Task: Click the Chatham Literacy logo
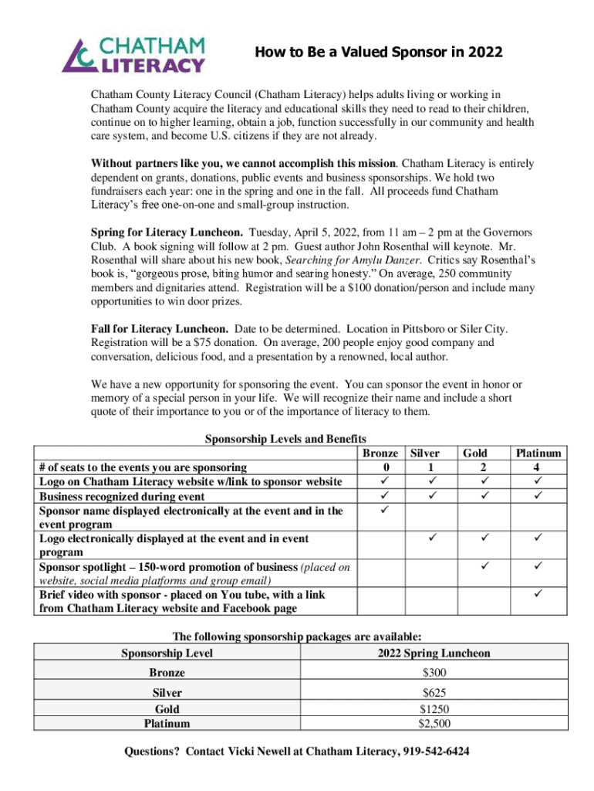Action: [133, 53]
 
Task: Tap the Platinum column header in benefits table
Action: [538, 453]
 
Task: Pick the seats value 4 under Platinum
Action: [538, 467]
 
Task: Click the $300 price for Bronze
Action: [434, 673]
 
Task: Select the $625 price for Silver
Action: [434, 693]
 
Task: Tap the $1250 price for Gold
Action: [434, 709]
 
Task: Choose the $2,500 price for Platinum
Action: [434, 724]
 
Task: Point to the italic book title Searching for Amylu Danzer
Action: [355, 260]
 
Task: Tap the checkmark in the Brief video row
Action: [538, 596]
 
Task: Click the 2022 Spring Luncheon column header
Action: [434, 654]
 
